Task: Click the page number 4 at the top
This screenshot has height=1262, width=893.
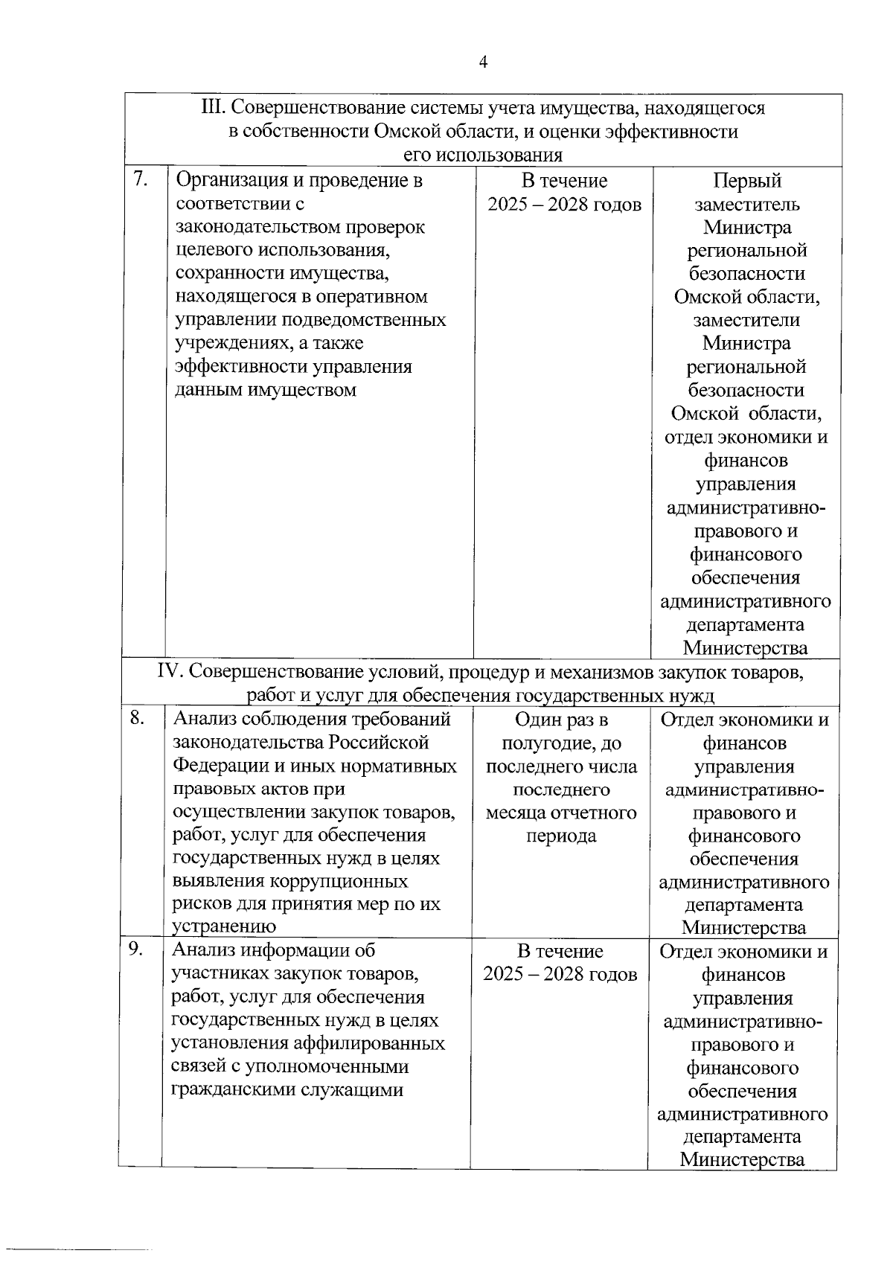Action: [483, 63]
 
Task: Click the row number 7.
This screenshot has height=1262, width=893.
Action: [139, 179]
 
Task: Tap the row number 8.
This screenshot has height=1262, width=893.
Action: [137, 717]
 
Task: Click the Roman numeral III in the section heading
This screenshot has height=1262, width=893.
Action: [213, 108]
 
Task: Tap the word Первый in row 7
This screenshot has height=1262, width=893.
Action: [746, 181]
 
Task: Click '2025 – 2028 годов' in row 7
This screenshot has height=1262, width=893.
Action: [564, 205]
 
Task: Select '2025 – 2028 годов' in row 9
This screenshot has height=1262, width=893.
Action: [560, 974]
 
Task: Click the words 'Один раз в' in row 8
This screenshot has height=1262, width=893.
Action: [561, 720]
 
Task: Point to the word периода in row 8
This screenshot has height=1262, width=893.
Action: [561, 836]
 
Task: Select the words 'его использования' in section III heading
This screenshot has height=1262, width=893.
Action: [482, 155]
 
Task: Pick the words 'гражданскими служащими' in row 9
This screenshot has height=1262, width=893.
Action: [287, 1090]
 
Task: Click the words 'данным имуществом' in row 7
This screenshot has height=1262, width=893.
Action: [265, 390]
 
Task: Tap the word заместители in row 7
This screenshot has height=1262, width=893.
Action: [746, 320]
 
